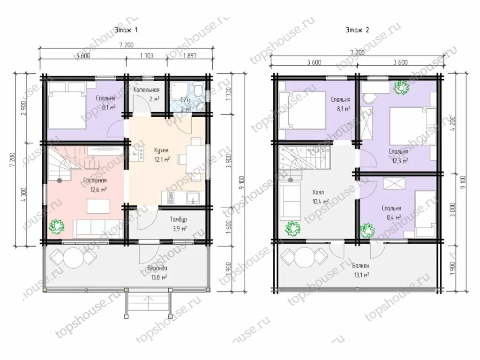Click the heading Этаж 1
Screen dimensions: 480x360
(126, 30)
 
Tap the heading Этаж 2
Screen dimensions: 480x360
(357, 30)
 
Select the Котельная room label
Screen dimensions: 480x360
(146, 90)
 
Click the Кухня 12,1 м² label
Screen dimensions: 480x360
(161, 155)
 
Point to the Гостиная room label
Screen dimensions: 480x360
(95, 180)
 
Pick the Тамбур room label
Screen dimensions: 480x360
(179, 219)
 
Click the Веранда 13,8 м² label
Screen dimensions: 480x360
(157, 272)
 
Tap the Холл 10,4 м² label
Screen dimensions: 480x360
(320, 196)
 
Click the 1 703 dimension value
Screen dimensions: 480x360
(147, 56)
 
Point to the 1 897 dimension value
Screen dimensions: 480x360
(190, 56)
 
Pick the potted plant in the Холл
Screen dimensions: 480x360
(292, 228)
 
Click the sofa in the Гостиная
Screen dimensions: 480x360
(98, 229)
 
